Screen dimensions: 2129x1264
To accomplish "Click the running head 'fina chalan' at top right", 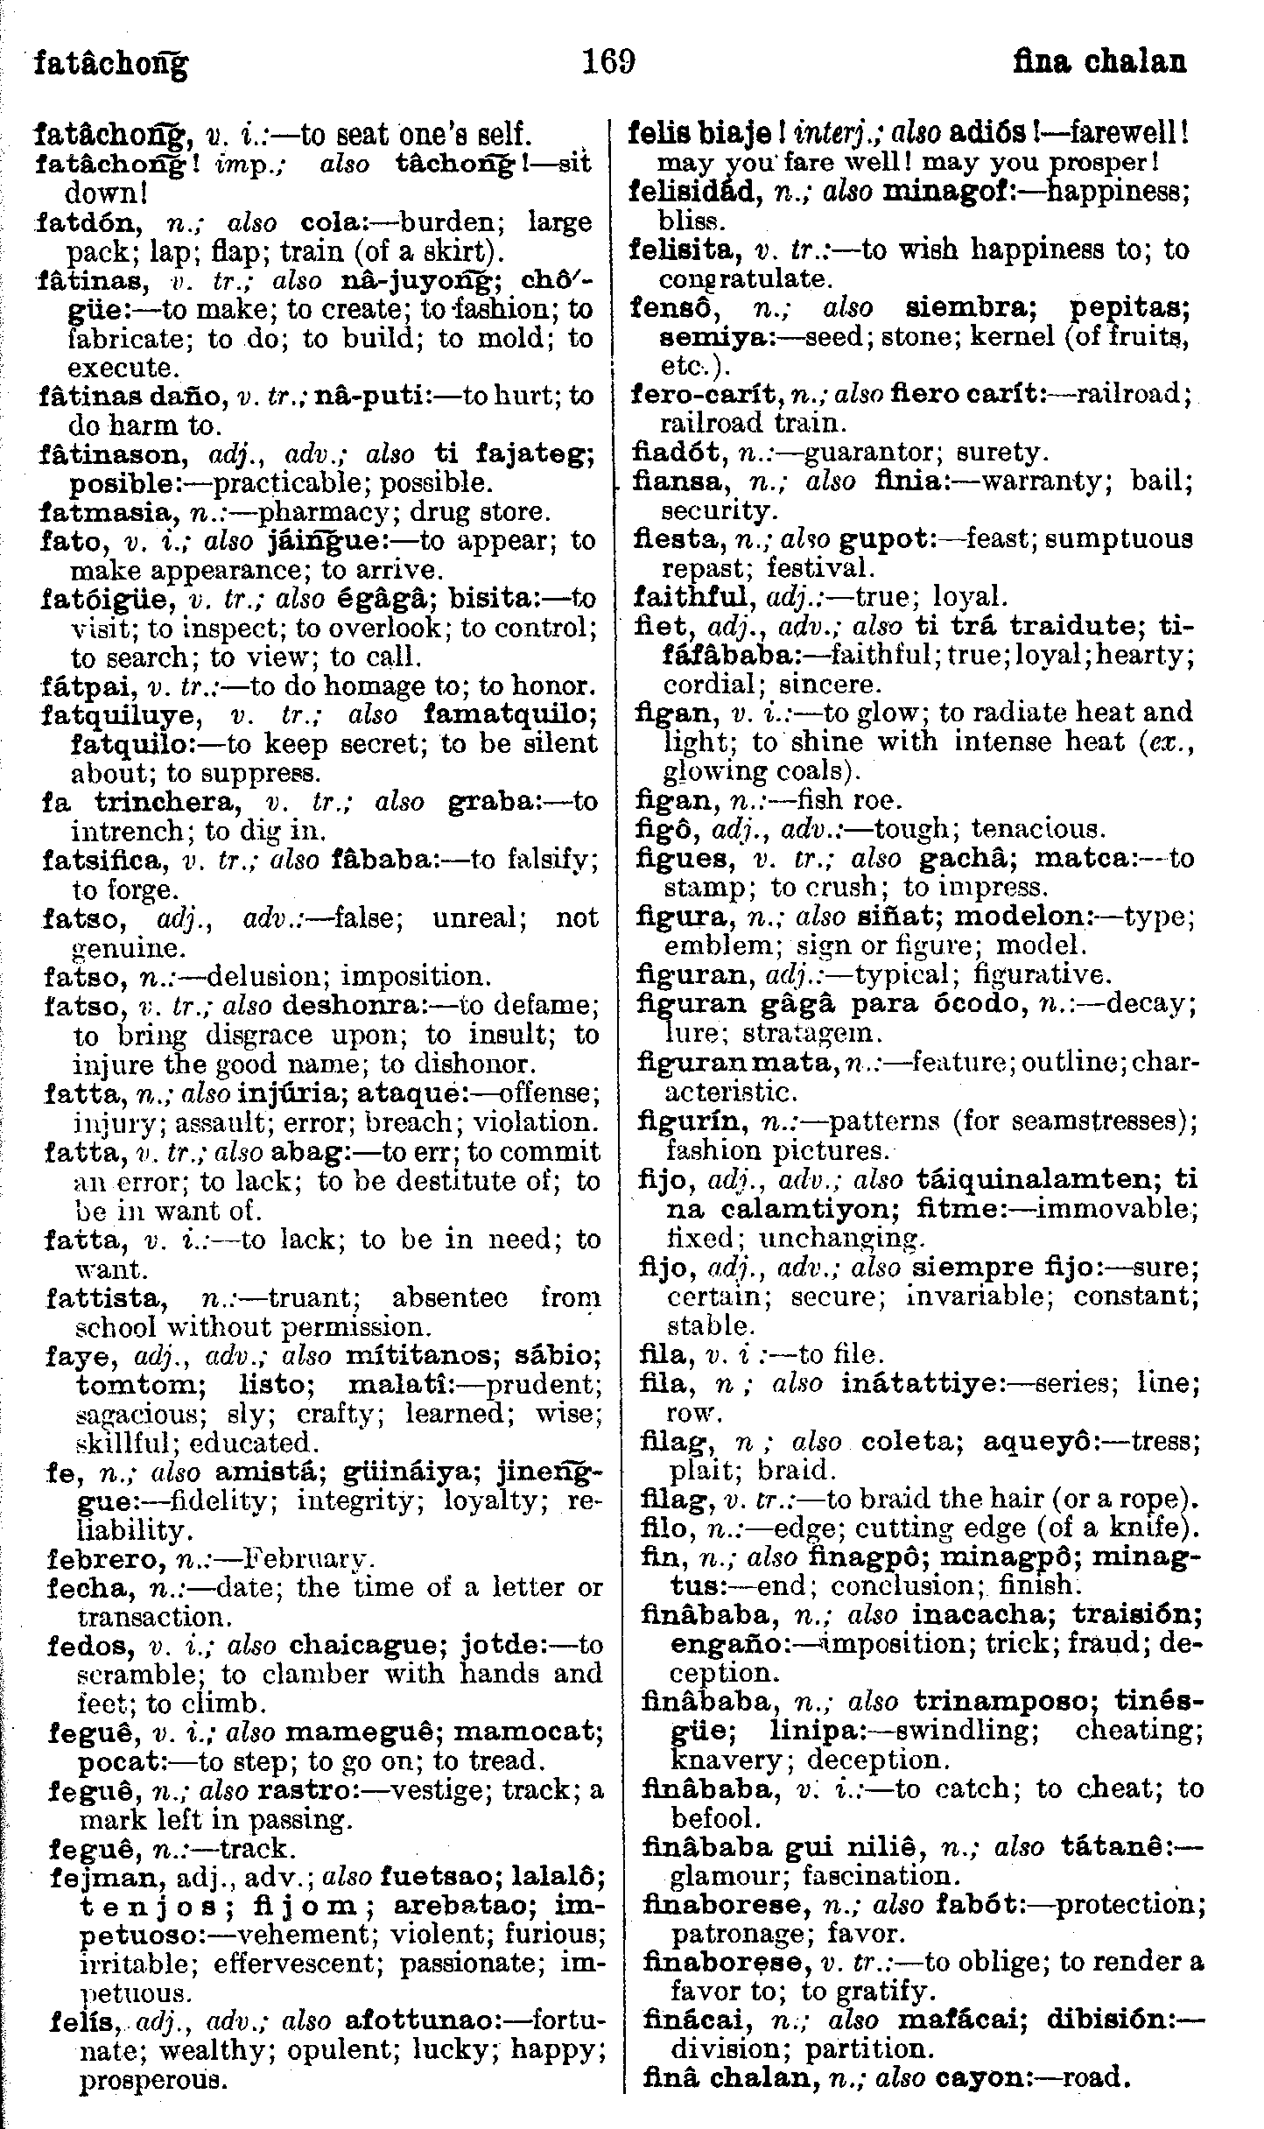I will pyautogui.click(x=1099, y=63).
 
